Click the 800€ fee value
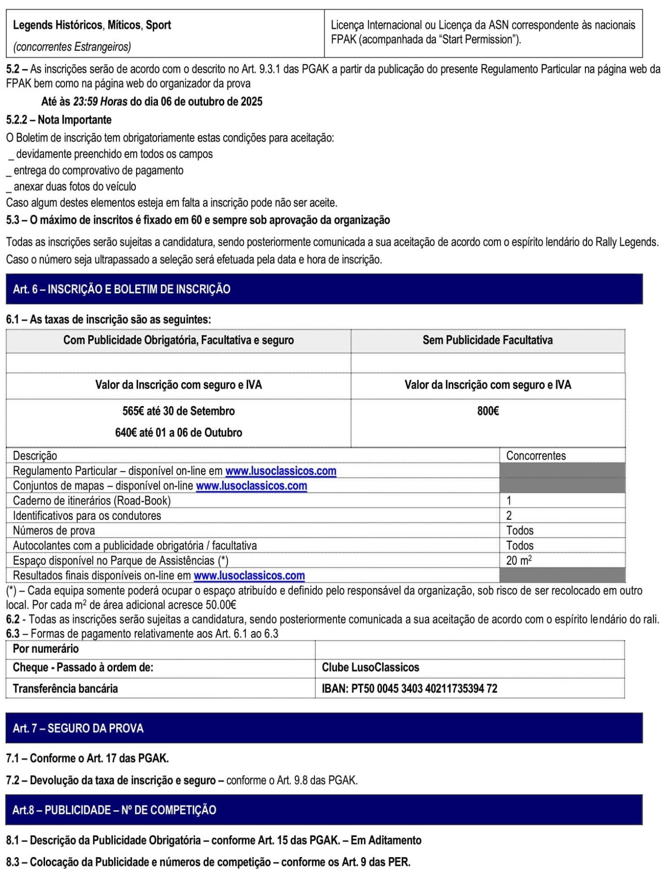click(488, 411)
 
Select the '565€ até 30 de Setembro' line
click(178, 411)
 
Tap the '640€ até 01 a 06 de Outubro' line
click(178, 432)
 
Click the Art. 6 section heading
click(121, 289)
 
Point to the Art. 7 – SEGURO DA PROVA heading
click(78, 728)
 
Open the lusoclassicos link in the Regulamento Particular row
click(281, 471)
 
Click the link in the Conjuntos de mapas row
click(251, 485)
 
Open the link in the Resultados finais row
click(249, 575)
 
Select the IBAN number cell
click(409, 688)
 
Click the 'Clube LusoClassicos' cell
click(370, 667)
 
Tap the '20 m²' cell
click(519, 560)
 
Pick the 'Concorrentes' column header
click(535, 456)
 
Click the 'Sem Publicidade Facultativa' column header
click(487, 340)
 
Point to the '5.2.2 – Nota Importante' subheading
click(59, 120)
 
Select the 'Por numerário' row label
click(46, 649)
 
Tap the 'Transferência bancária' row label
click(65, 688)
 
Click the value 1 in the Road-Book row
click(509, 500)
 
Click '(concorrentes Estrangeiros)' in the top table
click(72, 47)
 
